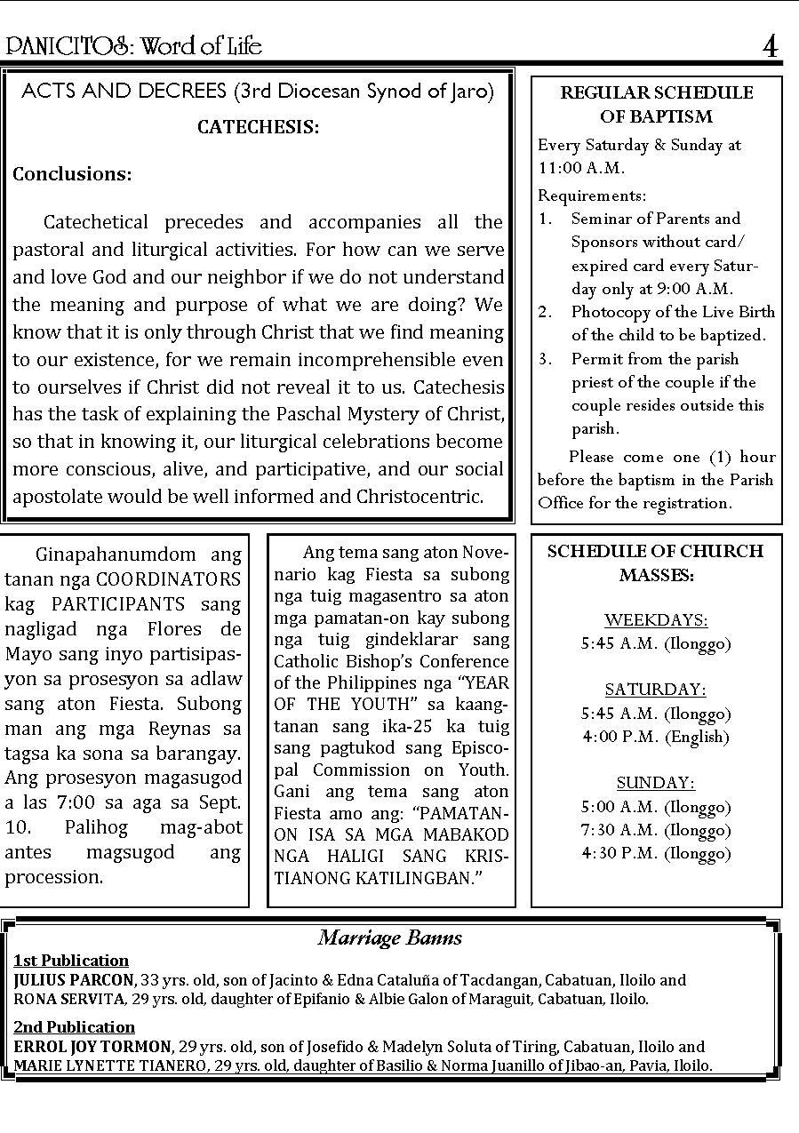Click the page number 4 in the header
(770, 46)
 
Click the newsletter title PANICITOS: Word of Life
(134, 46)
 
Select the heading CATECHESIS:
(258, 127)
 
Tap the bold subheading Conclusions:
(72, 174)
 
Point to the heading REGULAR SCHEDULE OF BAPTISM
(656, 104)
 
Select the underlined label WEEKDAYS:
(656, 619)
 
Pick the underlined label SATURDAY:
(656, 690)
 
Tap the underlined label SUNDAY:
(656, 783)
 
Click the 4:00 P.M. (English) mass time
(656, 737)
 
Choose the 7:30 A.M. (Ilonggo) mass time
(656, 830)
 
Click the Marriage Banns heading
(390, 938)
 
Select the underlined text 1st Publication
(71, 961)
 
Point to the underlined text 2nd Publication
(74, 1027)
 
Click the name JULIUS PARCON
(74, 980)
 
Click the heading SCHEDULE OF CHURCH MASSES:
(656, 563)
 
